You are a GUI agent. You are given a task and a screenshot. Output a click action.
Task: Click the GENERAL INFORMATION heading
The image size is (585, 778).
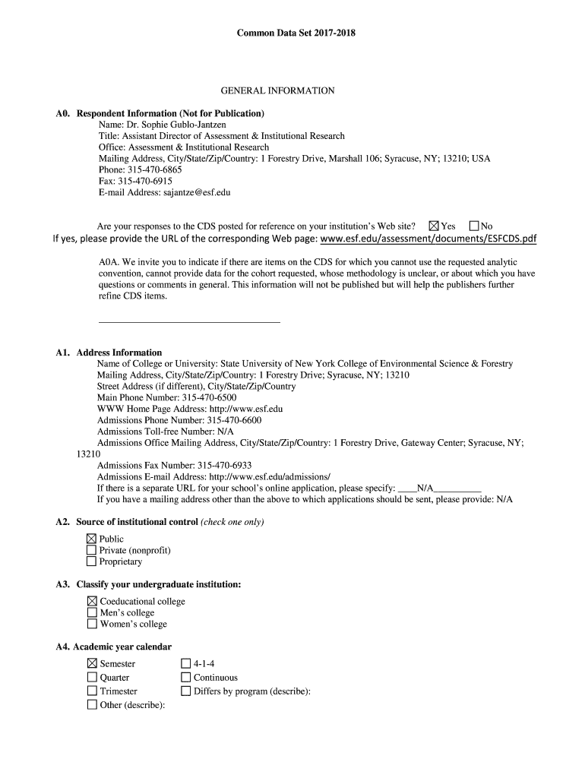pos(277,91)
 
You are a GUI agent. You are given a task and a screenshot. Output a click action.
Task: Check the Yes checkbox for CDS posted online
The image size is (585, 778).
pos(434,226)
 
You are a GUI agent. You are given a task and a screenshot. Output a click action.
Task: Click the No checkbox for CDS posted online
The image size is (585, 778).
pos(474,226)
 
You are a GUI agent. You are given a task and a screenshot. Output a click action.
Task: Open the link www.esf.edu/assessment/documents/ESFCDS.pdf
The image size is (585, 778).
pos(428,239)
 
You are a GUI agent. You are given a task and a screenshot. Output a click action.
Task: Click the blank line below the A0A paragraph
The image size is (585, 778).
pos(189,322)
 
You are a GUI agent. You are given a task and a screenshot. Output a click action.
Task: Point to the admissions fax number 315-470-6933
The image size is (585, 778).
pos(224,466)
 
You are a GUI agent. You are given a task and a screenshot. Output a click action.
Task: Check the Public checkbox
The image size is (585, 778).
pos(92,539)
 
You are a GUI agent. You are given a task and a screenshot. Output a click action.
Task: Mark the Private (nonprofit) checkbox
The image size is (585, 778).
pos(92,550)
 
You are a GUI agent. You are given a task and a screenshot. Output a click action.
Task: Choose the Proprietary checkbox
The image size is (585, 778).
pos(92,561)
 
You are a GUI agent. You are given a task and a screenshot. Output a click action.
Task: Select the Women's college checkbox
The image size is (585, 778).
pos(92,624)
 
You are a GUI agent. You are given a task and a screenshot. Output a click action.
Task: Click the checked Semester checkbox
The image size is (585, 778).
pos(92,664)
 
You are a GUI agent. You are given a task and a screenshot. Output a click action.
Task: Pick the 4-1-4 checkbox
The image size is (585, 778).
pos(185,664)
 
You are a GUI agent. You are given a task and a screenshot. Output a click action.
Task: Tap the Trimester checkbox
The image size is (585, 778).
pos(92,691)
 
